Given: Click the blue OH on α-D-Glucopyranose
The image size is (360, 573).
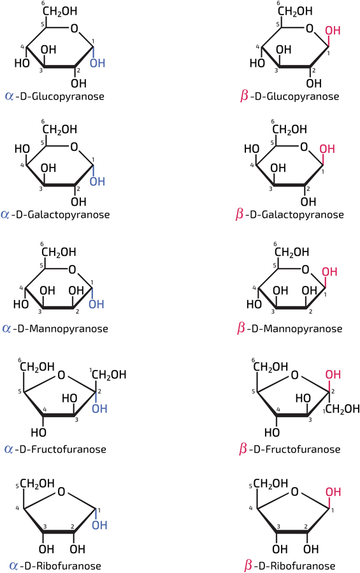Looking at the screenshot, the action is point(97,63).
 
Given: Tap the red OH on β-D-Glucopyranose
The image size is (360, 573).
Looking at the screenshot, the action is point(333,31).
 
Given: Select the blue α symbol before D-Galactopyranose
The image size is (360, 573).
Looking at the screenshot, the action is point(6,214).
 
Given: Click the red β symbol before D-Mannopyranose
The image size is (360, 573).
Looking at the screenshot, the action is point(240,328).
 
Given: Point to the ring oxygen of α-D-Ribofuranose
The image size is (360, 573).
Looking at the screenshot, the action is point(61,492).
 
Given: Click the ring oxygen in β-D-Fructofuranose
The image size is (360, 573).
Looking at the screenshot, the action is point(294,375).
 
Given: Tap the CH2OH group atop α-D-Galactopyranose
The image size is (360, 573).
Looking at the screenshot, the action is point(60,129).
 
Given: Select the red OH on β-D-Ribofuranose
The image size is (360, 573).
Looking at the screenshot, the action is point(333,492).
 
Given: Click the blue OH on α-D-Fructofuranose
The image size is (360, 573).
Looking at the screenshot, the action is point(99,409).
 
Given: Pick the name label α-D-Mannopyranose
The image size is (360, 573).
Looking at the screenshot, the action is point(55,329).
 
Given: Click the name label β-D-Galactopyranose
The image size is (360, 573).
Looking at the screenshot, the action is point(290,214).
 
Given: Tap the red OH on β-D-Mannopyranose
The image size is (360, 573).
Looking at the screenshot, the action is point(329,272).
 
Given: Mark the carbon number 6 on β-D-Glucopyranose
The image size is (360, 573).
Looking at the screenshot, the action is point(278,3).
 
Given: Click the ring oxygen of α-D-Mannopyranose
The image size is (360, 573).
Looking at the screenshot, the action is point(72,270).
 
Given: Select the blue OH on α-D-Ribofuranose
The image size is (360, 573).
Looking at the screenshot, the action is point(99,525).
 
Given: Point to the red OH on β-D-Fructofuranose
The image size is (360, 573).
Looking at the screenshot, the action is point(333,374).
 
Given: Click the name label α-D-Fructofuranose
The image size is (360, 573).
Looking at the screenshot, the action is point(55,449).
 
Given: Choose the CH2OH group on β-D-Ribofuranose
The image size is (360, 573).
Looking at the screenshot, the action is point(271,483).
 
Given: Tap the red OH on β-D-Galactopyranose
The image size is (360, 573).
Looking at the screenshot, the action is point(327,149).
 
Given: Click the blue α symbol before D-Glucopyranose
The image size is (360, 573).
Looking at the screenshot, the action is point(9,96).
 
